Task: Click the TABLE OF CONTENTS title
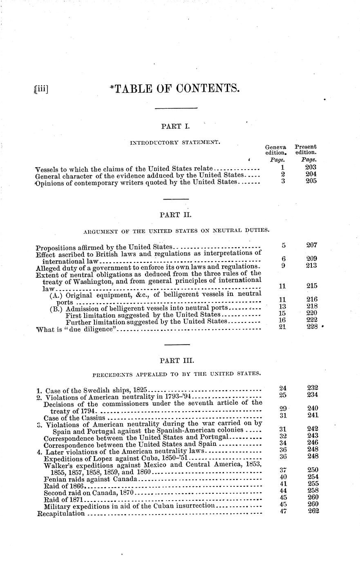pyautogui.click(x=174, y=89)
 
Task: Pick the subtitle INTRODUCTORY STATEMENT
pyautogui.click(x=174, y=143)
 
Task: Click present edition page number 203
pyautogui.click(x=311, y=168)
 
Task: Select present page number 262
pyautogui.click(x=312, y=513)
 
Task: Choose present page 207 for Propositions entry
pyautogui.click(x=312, y=245)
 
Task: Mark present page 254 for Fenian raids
pyautogui.click(x=312, y=477)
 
